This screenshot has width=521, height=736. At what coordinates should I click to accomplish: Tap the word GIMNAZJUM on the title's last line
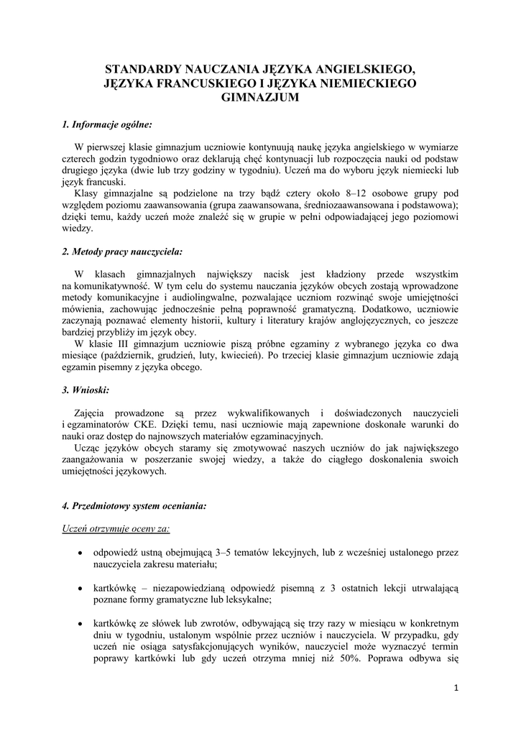pos(260,98)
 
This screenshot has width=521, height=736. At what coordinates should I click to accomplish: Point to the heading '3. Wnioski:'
pos(86,390)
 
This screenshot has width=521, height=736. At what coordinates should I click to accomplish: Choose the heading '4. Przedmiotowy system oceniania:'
pos(134,506)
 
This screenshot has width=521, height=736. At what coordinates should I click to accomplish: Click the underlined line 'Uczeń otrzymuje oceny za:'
pos(116,529)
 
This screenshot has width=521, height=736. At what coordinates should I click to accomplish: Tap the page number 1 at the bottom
pos(456,688)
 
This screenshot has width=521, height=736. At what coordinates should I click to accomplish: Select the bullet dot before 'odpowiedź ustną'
pos(79,553)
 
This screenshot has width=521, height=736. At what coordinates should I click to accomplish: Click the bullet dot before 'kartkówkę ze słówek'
pos(79,623)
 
